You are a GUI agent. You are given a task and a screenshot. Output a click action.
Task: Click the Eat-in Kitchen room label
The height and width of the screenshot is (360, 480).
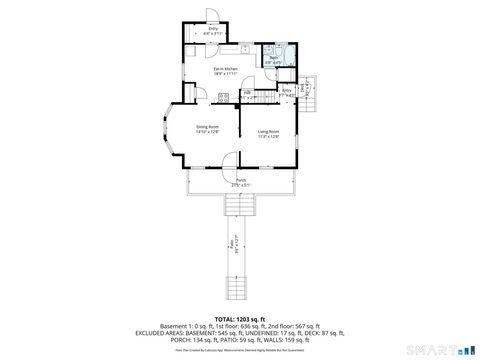click(212, 71)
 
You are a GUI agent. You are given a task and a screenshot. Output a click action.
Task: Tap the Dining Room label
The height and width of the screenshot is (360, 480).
click(207, 129)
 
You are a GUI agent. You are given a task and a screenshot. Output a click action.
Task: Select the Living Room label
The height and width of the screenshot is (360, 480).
click(268, 133)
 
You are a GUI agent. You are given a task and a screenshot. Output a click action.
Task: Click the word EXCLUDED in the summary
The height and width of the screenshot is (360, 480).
click(164, 332)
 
